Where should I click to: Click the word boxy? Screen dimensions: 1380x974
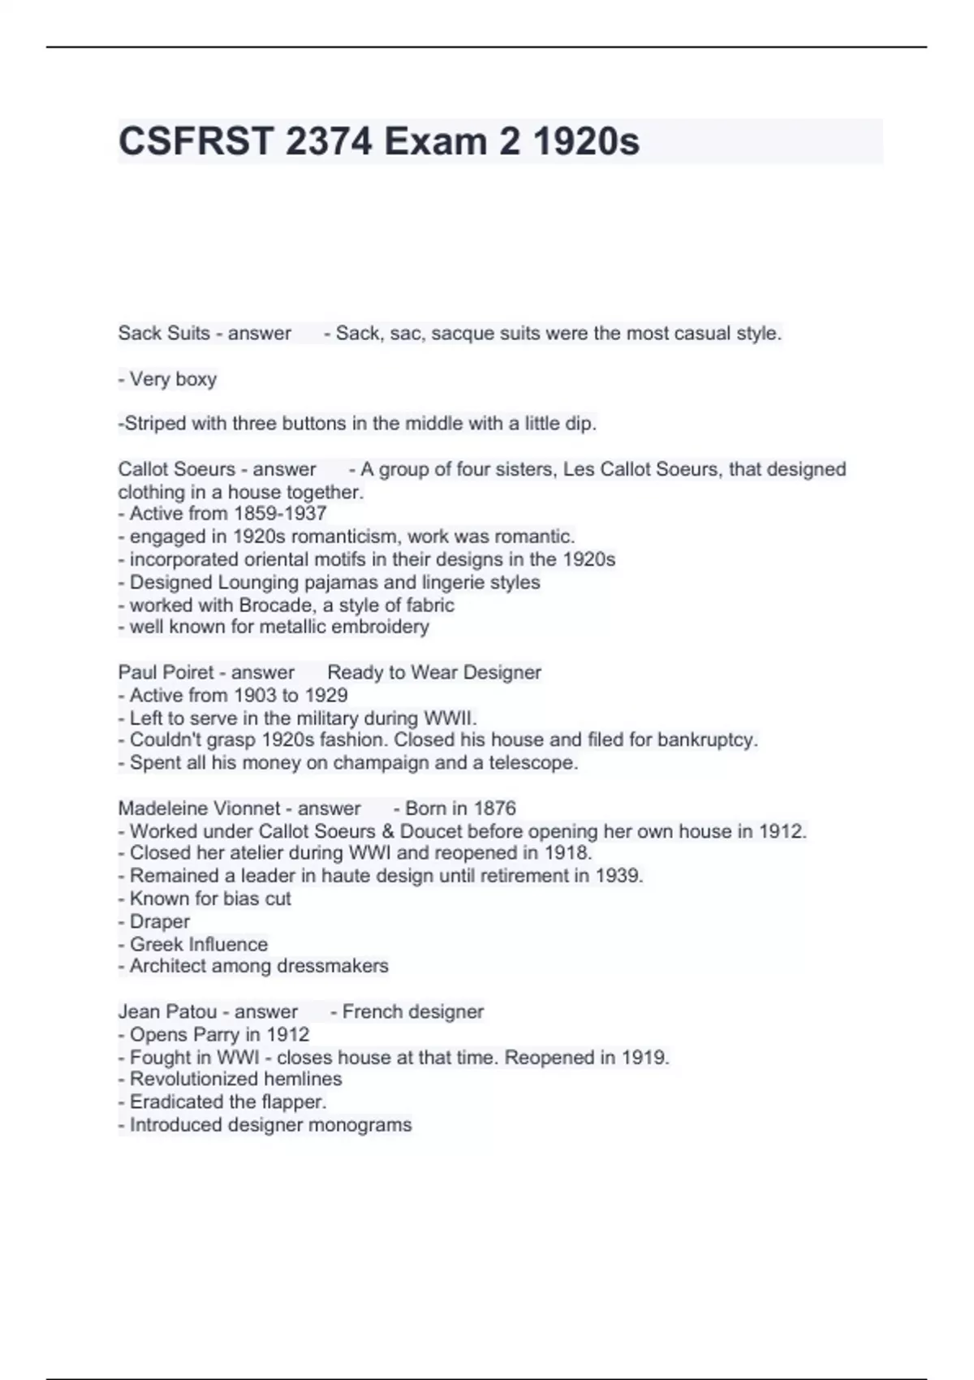point(196,379)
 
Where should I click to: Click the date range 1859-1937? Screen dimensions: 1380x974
point(279,514)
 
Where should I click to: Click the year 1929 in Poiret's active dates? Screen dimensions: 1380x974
point(326,695)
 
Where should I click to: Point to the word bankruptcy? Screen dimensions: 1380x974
point(707,740)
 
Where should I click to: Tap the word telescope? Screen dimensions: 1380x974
point(533,763)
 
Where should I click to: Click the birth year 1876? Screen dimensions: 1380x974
point(494,809)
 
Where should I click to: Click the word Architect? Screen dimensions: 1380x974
point(168,966)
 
